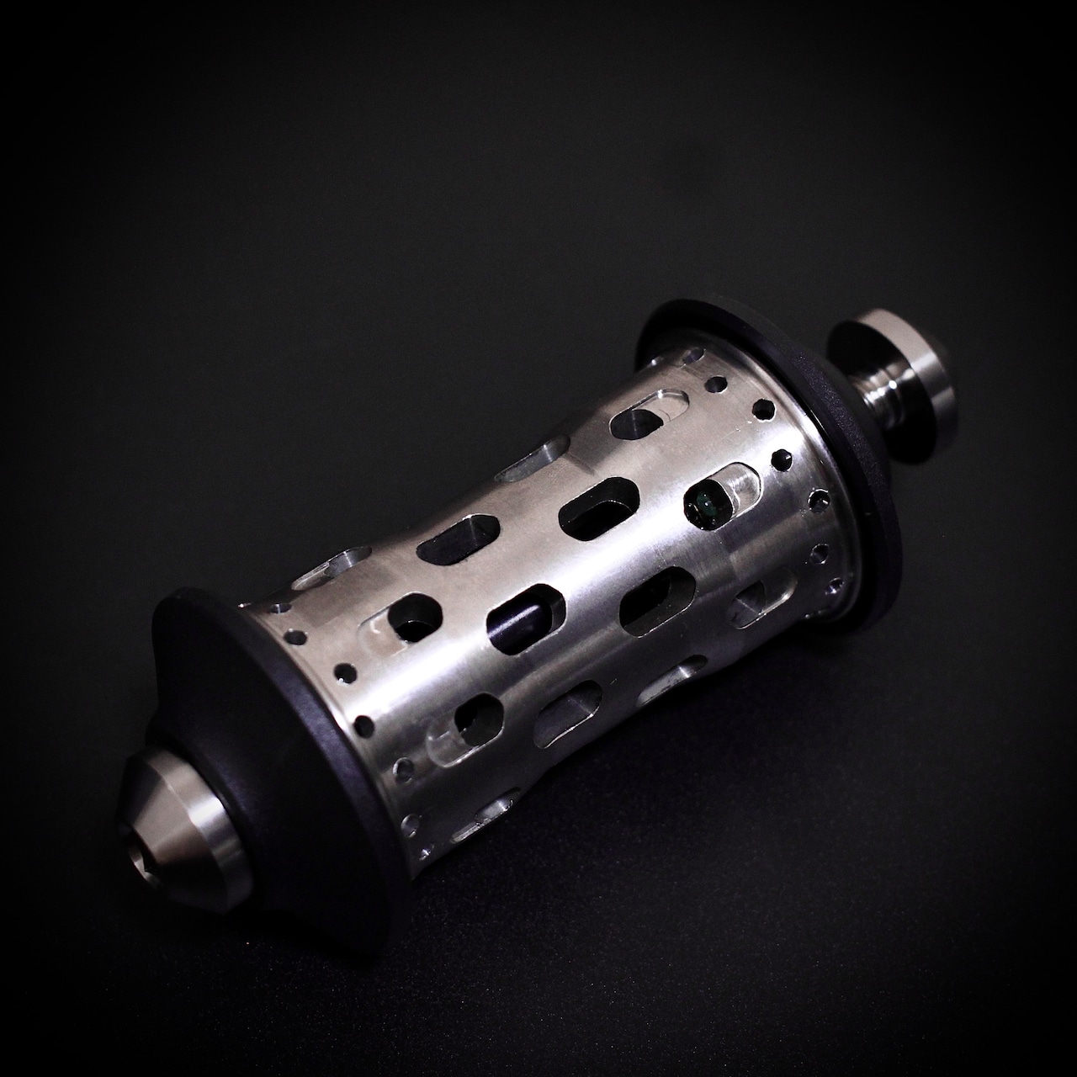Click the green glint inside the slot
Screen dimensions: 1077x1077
pos(705,505)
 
